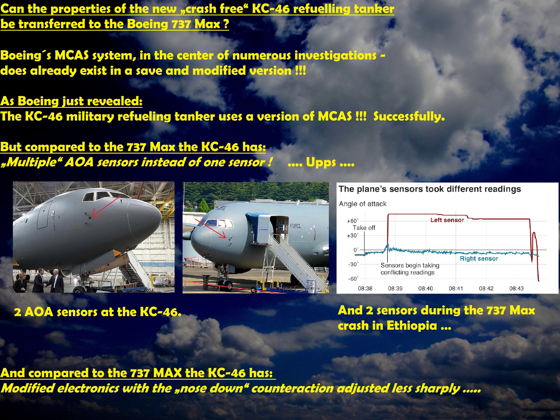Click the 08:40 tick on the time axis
click(x=426, y=288)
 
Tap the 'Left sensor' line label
click(x=447, y=220)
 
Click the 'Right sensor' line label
click(x=479, y=258)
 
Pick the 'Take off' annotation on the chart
click(x=364, y=228)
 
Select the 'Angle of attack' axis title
click(x=363, y=204)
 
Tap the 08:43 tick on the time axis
click(x=516, y=288)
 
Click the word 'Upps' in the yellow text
click(x=321, y=163)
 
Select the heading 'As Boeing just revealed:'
click(x=71, y=101)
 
